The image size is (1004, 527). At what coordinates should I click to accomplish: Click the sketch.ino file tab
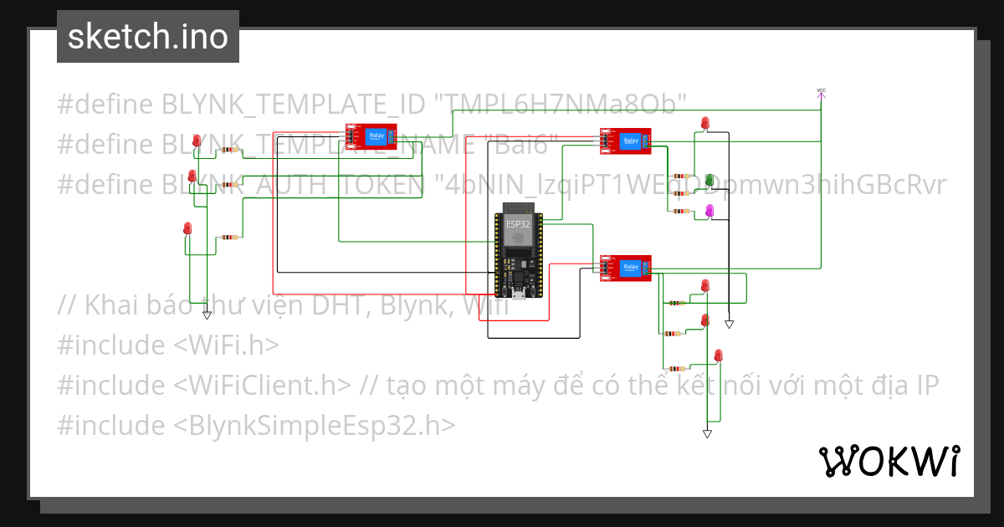[x=148, y=37]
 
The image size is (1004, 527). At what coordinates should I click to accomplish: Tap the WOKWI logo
[x=889, y=461]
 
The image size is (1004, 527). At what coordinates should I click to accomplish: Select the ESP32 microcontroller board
[x=518, y=250]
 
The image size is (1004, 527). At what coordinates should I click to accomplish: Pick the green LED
[x=709, y=181]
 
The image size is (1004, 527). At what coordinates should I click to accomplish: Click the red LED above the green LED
[x=704, y=124]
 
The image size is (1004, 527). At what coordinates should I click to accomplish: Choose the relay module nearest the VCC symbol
[x=625, y=141]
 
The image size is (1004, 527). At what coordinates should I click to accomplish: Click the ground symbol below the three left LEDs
[x=207, y=315]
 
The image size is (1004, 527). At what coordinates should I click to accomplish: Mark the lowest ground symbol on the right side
[x=707, y=433]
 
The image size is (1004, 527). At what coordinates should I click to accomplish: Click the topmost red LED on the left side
[x=197, y=141]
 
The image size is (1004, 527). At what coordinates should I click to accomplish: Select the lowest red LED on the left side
[x=187, y=228]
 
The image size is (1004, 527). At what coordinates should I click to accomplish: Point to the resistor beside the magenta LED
[x=680, y=212]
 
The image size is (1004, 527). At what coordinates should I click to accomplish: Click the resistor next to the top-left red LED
[x=228, y=151]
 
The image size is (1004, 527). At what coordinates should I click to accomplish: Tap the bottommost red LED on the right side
[x=718, y=356]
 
